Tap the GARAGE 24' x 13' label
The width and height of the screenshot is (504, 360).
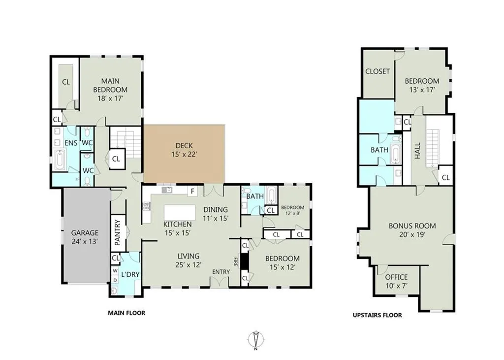85,237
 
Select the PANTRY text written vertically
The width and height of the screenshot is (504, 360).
117,232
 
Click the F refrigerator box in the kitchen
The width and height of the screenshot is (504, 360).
192,192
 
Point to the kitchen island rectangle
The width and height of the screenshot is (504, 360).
180,212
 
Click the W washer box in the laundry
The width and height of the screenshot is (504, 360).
115,271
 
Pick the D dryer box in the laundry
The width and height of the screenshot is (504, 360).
115,280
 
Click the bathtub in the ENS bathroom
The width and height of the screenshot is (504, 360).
60,160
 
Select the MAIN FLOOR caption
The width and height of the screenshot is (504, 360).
126,313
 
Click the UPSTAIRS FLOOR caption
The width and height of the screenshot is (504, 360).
377,315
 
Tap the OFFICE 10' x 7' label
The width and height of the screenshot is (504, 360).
396,281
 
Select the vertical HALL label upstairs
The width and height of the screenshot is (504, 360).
417,151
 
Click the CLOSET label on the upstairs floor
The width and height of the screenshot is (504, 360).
378,71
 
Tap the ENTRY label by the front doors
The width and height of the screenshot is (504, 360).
221,272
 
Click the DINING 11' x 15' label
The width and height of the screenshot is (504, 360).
216,214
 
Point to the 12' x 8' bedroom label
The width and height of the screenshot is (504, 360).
292,213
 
